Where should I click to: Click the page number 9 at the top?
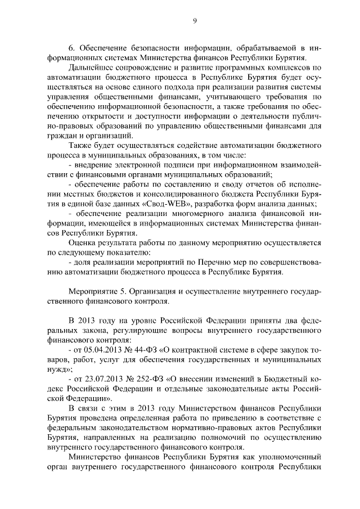[194, 21]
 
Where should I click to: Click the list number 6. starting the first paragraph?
[71, 47]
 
